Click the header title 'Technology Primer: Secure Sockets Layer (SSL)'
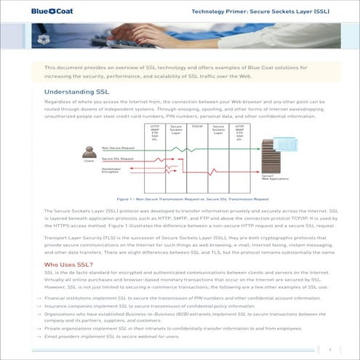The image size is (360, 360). (259, 12)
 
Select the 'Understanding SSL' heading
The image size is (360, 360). (78, 93)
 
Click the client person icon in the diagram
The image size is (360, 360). (89, 152)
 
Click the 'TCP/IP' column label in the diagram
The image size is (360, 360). (197, 127)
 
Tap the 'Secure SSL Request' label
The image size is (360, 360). (117, 158)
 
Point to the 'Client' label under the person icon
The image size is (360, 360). (89, 162)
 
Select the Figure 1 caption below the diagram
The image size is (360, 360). (192, 197)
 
